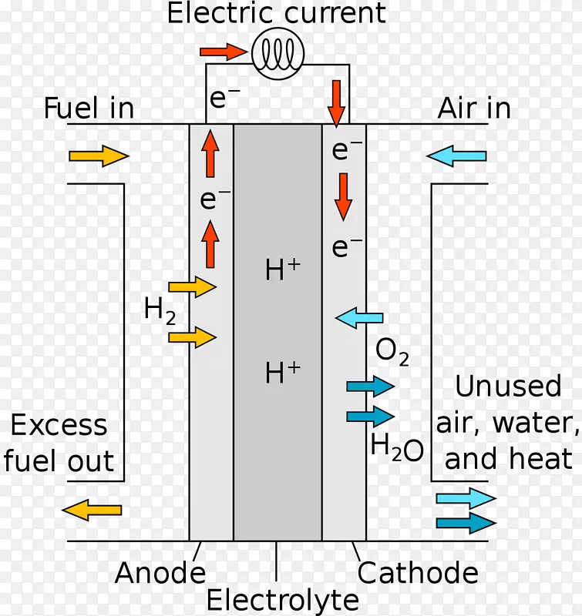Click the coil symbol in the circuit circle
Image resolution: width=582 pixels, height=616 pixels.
(x=278, y=53)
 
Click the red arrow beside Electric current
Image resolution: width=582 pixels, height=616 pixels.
(x=224, y=52)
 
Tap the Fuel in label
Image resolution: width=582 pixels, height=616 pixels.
(x=89, y=109)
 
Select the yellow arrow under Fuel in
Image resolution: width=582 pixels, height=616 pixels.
(x=98, y=156)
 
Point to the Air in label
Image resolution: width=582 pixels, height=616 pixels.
(x=474, y=109)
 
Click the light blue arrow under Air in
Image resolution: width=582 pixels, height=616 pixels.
(x=457, y=156)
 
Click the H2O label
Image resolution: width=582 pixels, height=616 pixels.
(x=396, y=447)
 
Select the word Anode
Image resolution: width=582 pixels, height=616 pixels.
(x=160, y=573)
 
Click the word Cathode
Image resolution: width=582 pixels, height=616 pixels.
(x=418, y=573)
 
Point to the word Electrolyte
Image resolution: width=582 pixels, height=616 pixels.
(x=283, y=600)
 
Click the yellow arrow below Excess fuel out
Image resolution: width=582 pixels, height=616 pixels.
(x=92, y=509)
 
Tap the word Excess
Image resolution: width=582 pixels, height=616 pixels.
(x=59, y=425)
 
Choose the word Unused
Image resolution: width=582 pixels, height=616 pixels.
(x=508, y=386)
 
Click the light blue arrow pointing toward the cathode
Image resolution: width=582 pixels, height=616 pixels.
(x=359, y=316)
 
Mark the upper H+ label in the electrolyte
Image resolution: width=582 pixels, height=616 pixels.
(x=282, y=269)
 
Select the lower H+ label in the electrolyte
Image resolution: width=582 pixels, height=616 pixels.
(x=282, y=373)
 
